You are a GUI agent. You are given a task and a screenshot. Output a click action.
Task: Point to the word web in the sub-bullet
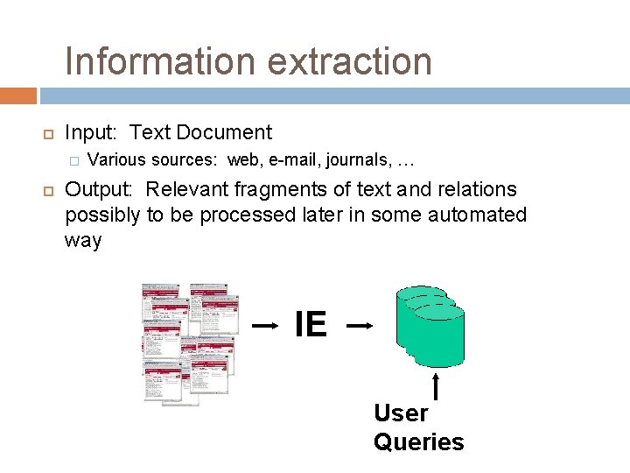[244, 160]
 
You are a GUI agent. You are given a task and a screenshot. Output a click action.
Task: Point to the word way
[83, 241]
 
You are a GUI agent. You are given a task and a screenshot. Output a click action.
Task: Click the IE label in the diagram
[311, 325]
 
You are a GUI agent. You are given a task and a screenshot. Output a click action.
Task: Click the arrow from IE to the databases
[360, 326]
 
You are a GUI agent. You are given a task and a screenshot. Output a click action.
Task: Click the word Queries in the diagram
[418, 441]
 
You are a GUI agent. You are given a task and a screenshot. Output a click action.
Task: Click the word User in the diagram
[401, 413]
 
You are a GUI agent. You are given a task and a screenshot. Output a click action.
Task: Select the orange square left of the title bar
[18, 95]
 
